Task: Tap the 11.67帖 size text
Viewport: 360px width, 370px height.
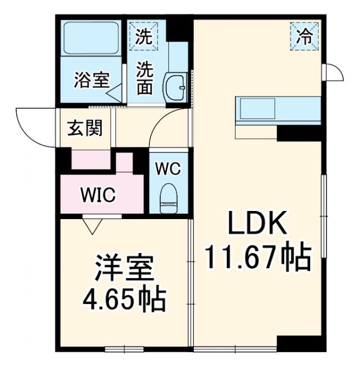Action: tap(258, 257)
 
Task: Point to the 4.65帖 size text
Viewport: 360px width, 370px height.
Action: tap(124, 299)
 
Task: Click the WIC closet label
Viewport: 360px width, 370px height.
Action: tap(98, 195)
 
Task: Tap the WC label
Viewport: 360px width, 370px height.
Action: tap(168, 169)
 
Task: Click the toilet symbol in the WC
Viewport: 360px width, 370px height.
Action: tap(168, 195)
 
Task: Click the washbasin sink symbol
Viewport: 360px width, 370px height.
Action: tap(174, 87)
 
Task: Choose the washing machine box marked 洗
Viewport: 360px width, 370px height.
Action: tap(142, 36)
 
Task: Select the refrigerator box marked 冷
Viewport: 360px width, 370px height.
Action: tap(304, 36)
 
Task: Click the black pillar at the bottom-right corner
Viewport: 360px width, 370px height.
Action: tap(299, 343)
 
